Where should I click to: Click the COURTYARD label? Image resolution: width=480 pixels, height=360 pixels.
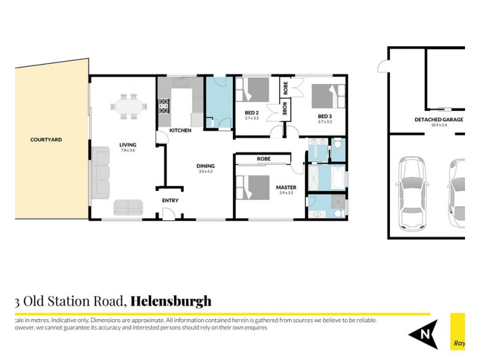46,140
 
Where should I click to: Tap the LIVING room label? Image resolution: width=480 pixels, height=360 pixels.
128,145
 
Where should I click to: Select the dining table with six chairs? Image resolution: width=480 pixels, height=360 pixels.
128,107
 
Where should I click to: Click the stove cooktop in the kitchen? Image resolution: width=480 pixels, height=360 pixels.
163,109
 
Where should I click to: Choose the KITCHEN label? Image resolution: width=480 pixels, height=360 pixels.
180,130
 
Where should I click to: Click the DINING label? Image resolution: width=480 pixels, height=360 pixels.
206,166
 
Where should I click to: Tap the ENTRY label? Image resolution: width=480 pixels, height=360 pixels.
170,200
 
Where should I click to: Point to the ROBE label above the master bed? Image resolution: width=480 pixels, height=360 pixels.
263,159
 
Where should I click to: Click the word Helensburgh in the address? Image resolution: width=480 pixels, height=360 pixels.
171,301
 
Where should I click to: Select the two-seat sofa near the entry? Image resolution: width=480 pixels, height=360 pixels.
129,208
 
